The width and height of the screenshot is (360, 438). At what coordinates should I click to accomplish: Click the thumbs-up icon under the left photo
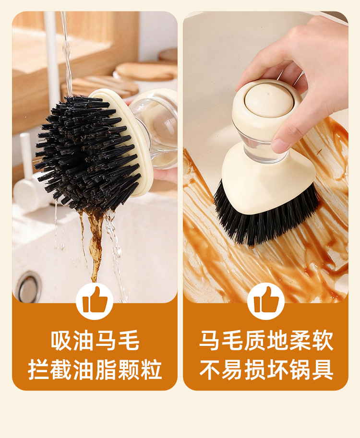coord(95,300)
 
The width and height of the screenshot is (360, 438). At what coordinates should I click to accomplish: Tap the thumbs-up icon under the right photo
coord(266,300)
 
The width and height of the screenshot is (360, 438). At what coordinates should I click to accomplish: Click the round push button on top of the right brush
coord(269,100)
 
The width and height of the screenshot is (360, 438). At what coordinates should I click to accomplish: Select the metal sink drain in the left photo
coord(28,286)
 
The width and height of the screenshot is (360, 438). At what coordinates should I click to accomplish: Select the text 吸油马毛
coord(95,340)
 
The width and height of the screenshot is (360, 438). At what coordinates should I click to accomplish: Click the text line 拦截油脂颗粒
coord(95,369)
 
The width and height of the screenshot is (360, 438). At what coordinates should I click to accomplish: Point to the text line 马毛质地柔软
coord(266,340)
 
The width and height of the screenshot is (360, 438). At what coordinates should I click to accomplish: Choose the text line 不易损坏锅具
coord(266,369)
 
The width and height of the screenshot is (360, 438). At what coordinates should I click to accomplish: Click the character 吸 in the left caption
coord(61,340)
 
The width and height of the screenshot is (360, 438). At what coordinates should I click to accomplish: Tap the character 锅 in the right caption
coord(300,369)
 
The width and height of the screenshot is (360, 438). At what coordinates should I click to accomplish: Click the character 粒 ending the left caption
coord(152,369)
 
